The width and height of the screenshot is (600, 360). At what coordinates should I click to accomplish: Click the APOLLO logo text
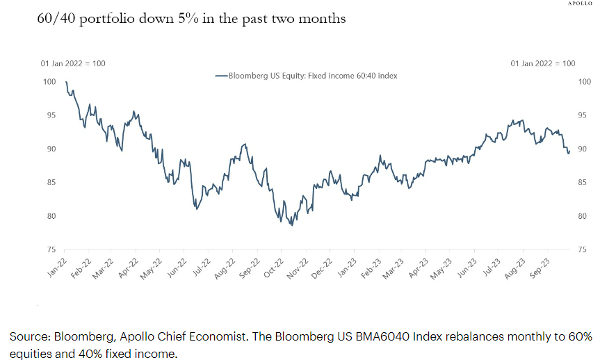pos(582,3)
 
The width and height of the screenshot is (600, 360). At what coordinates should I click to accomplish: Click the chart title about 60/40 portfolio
pos(191,19)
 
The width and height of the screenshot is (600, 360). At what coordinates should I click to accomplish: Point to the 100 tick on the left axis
pos(49,82)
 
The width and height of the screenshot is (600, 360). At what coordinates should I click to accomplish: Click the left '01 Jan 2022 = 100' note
pos(72,63)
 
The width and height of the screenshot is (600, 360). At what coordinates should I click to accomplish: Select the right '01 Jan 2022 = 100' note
pos(542,63)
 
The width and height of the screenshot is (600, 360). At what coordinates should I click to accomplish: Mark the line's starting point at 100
pos(65,82)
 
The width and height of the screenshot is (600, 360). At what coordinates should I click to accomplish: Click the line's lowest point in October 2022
pos(292,226)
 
